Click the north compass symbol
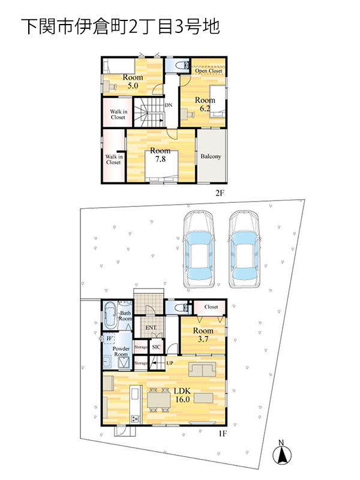[x=281, y=452]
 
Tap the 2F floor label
[x=219, y=193]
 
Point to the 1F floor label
[x=222, y=433]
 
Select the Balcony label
[x=211, y=156]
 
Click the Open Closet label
[x=208, y=71]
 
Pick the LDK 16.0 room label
[x=182, y=395]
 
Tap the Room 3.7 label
[x=203, y=335]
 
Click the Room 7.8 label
[x=160, y=155]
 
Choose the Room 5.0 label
[x=133, y=81]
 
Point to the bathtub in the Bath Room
[x=110, y=315]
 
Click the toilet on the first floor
[x=181, y=307]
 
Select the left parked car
[x=199, y=249]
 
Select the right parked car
[x=245, y=249]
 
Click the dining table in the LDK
[x=159, y=400]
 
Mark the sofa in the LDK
[x=202, y=370]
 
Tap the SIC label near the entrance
[x=156, y=347]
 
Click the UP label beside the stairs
[x=170, y=363]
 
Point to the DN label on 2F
[x=169, y=105]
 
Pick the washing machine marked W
[x=110, y=338]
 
